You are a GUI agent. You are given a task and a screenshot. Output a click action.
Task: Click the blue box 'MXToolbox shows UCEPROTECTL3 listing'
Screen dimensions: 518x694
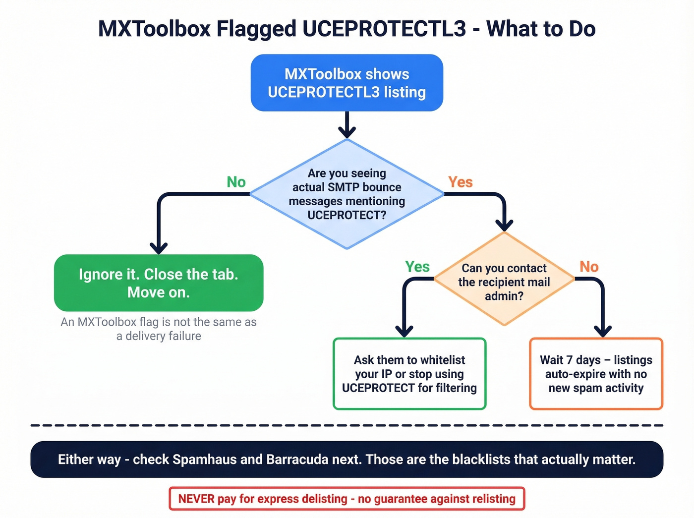[347, 83]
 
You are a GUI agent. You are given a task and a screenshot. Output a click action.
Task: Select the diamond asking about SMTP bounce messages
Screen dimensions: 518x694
[347, 194]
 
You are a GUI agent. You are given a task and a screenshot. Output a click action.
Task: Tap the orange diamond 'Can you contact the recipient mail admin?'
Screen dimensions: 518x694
[504, 281]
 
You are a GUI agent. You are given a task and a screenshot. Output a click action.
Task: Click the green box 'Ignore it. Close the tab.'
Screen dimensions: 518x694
[159, 283]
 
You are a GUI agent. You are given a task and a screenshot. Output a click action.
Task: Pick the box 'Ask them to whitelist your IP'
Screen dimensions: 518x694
[409, 374]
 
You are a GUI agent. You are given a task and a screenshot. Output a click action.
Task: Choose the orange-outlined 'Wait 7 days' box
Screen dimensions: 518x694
[596, 374]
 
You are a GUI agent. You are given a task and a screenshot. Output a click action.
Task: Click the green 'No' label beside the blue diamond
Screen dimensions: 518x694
[236, 182]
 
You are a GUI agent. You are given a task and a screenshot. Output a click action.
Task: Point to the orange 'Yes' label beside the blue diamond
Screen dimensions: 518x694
[461, 182]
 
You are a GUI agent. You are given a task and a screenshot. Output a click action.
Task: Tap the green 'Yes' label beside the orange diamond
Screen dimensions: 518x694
[417, 267]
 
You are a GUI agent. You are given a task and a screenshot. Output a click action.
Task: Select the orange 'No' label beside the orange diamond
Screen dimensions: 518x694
[589, 267]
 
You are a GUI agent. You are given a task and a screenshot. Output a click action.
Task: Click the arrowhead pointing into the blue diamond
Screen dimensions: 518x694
[347, 132]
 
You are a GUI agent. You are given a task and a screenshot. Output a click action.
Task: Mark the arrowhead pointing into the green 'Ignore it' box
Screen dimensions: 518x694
[159, 248]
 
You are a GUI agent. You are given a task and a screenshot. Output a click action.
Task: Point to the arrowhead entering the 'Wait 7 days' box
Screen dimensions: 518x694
[603, 331]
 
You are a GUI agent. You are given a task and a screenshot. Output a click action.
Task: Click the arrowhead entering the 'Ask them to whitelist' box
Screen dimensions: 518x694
[405, 331]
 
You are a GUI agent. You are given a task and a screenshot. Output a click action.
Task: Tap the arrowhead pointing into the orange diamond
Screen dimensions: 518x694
[504, 226]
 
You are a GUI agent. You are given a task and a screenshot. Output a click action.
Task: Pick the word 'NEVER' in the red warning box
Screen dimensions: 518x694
[196, 499]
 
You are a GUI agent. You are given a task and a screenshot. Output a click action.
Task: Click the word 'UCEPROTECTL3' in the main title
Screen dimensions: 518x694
[384, 29]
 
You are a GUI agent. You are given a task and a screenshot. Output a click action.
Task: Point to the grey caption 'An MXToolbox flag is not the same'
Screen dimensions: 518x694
[159, 322]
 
